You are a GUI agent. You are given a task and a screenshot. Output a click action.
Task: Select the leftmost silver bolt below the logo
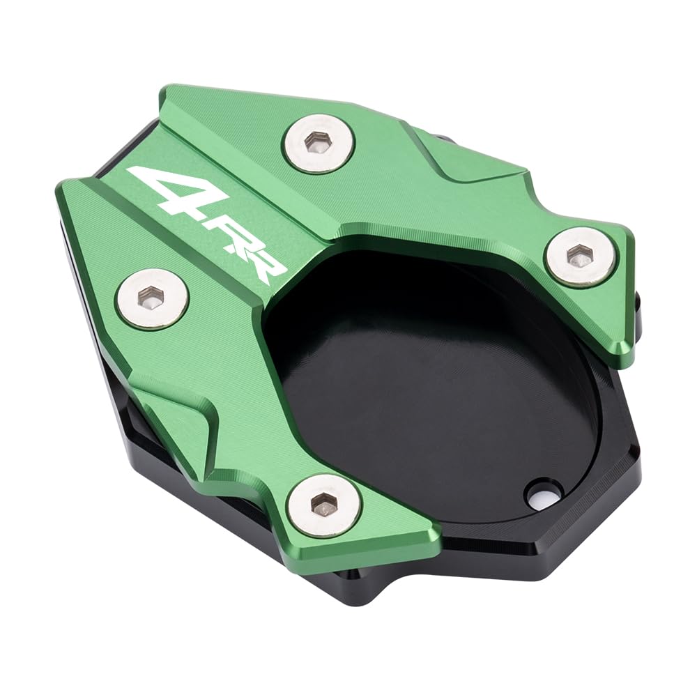152,298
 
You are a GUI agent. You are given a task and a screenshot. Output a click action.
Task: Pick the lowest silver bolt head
323,505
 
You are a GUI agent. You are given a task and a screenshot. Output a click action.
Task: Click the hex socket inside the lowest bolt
323,505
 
